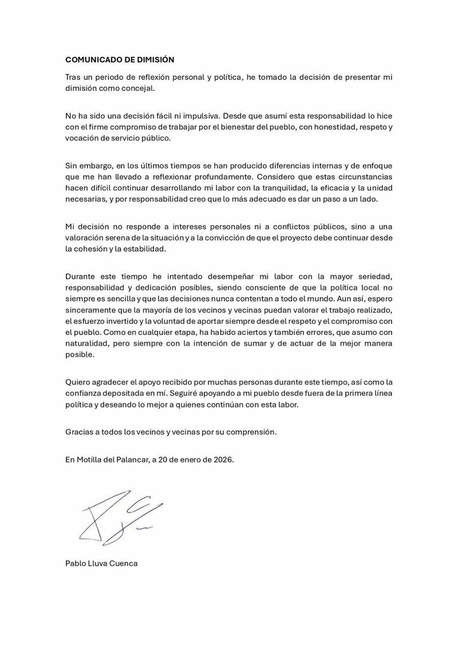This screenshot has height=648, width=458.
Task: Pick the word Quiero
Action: point(78,382)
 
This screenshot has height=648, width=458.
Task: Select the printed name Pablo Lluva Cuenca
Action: point(101,563)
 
